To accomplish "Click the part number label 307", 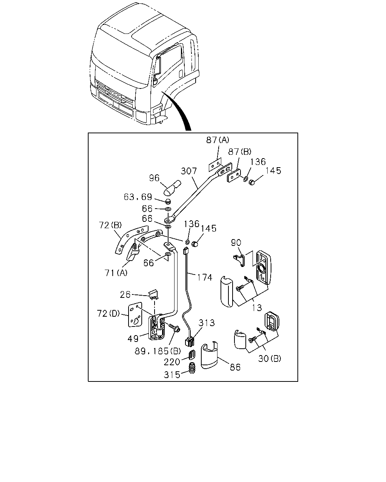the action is [x=189, y=171].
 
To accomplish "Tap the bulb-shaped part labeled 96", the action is [x=172, y=188].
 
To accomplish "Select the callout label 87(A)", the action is [x=218, y=140].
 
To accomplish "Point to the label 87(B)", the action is [x=239, y=152].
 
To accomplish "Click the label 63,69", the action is [x=138, y=197].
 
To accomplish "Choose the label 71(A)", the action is [x=116, y=273].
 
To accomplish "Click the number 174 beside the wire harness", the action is [x=205, y=278].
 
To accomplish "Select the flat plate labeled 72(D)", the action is [x=135, y=315].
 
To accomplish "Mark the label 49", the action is [x=133, y=339].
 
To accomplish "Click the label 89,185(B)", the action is [x=158, y=351].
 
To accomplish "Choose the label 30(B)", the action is [x=270, y=359].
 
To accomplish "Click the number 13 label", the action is [x=257, y=308].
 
